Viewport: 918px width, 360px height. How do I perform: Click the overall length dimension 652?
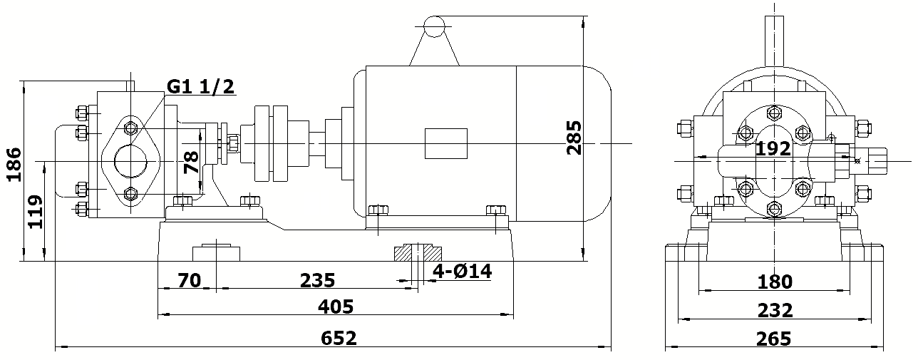point(339,338)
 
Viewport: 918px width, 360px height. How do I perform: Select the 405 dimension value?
point(336,307)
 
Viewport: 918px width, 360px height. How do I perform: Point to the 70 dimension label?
point(189,280)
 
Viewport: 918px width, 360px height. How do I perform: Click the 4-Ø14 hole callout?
point(463,272)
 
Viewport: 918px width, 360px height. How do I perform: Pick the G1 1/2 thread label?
point(200,87)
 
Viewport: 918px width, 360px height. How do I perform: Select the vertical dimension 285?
point(574,137)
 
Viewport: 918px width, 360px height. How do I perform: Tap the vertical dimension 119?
point(34,211)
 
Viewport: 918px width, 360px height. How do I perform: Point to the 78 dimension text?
point(191,163)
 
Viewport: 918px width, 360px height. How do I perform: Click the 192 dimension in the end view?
point(773,149)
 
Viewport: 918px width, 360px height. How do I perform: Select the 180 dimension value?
point(775,282)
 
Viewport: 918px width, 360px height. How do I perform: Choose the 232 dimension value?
point(775,311)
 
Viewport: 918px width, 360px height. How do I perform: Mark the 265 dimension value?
point(775,338)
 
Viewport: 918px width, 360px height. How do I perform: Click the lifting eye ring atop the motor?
point(433,26)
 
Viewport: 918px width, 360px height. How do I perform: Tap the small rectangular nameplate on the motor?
point(445,143)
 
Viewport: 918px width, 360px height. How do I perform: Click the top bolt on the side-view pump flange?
point(130,128)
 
